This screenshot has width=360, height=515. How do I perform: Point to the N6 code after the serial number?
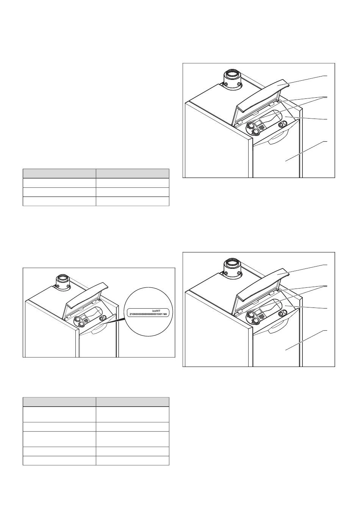click(165, 314)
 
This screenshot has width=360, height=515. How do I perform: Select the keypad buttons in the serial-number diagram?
click(87, 320)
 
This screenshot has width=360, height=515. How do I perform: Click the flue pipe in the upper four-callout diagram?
click(232, 80)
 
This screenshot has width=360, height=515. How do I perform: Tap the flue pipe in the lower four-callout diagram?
click(232, 268)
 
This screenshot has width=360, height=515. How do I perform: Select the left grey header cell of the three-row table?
click(59, 173)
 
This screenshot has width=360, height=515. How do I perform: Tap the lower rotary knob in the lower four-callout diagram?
click(255, 320)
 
